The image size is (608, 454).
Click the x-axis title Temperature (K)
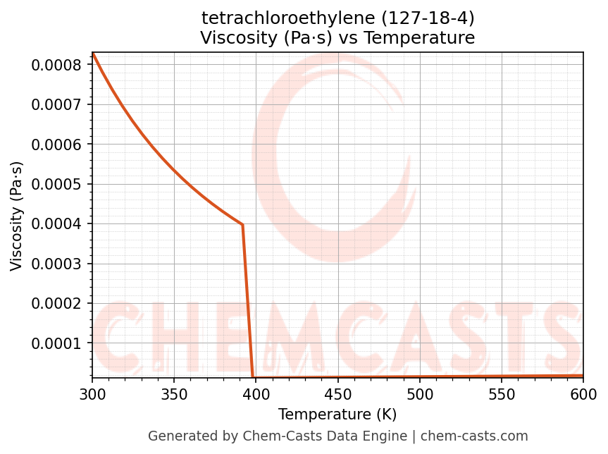[337, 414]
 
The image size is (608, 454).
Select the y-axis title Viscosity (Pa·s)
[17, 216]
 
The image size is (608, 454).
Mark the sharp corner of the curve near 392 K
[242, 225]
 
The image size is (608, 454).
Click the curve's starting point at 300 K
[93, 54]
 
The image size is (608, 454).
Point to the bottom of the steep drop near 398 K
[253, 377]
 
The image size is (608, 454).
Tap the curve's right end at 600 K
[583, 376]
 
